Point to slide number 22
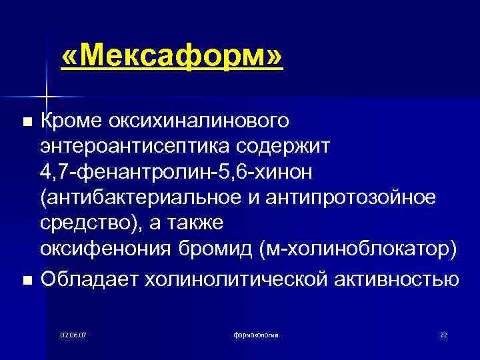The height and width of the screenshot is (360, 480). [x=443, y=334]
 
